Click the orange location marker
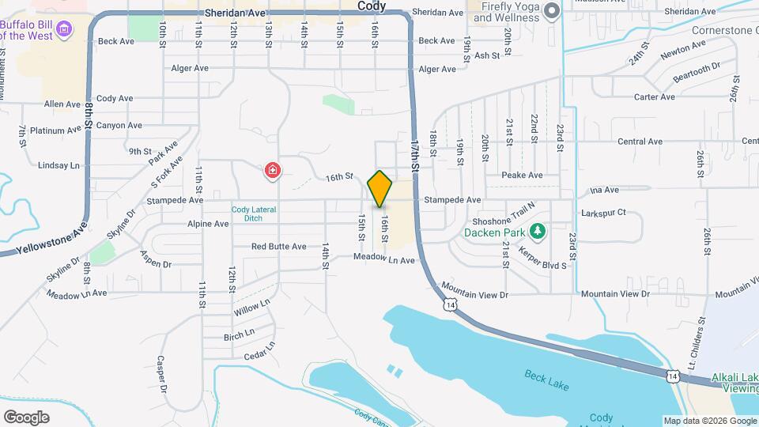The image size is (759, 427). (x=380, y=188)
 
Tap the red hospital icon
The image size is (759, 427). (x=273, y=170)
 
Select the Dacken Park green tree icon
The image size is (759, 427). (x=538, y=231)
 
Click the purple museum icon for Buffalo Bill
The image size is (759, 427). (x=65, y=30)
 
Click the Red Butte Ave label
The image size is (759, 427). (x=278, y=247)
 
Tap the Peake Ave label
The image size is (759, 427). (x=522, y=175)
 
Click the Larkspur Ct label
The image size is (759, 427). (x=603, y=213)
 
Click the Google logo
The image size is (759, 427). (x=26, y=417)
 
